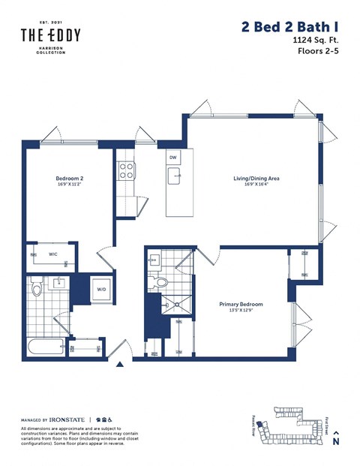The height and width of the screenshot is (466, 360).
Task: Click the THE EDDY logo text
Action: [x=50, y=35]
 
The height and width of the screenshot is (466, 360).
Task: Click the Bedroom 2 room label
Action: [x=69, y=179]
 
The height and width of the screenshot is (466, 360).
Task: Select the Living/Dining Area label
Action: [x=256, y=179]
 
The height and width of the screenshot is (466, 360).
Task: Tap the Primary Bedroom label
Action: [x=241, y=304]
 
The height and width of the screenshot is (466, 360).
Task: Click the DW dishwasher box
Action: [x=173, y=158]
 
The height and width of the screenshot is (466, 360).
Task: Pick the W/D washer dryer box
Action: [x=101, y=288]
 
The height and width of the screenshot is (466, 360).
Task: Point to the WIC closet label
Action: [x=53, y=254]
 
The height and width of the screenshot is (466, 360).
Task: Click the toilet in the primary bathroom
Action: [x=159, y=283]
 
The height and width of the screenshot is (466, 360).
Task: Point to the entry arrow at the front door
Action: [x=119, y=365]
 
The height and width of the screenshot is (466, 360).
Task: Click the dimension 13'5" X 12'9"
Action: [x=241, y=311]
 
